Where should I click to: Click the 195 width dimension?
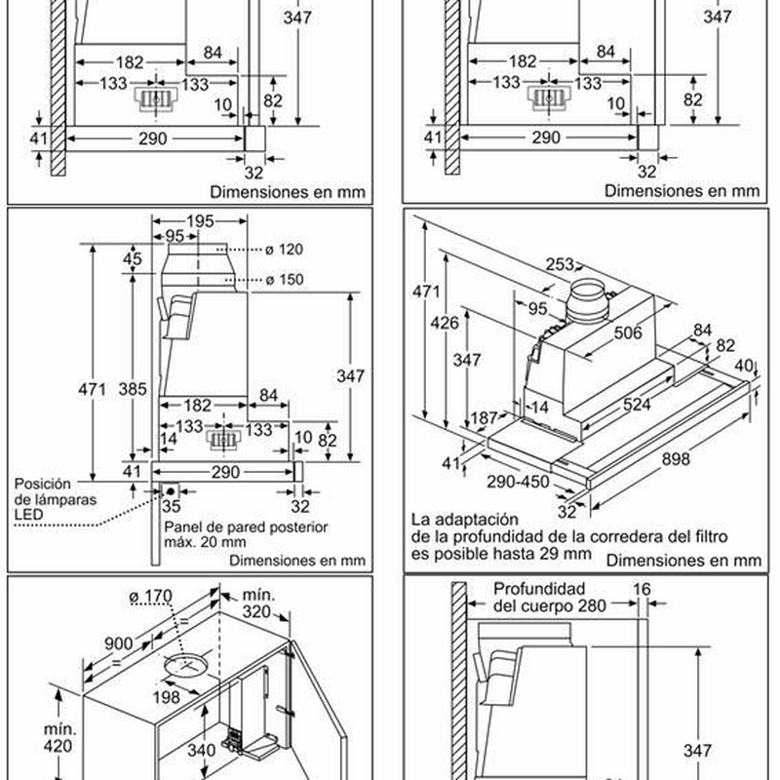pos(199,221)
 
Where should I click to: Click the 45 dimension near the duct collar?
pos(133,258)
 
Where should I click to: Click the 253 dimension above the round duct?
pos(560,263)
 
